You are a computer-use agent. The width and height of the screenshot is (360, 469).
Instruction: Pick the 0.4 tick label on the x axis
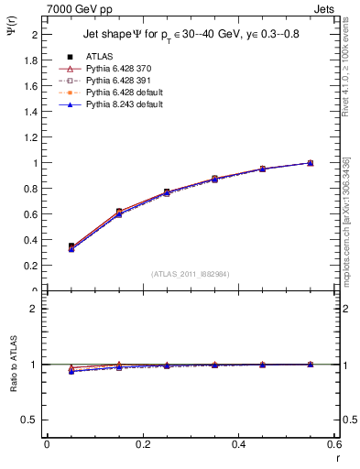click(x=239, y=444)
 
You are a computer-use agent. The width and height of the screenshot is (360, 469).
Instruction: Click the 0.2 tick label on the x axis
click(x=143, y=444)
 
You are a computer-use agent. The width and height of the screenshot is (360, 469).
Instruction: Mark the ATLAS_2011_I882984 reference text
click(x=190, y=274)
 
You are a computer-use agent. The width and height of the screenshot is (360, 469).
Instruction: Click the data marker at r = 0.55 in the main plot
click(x=311, y=163)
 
